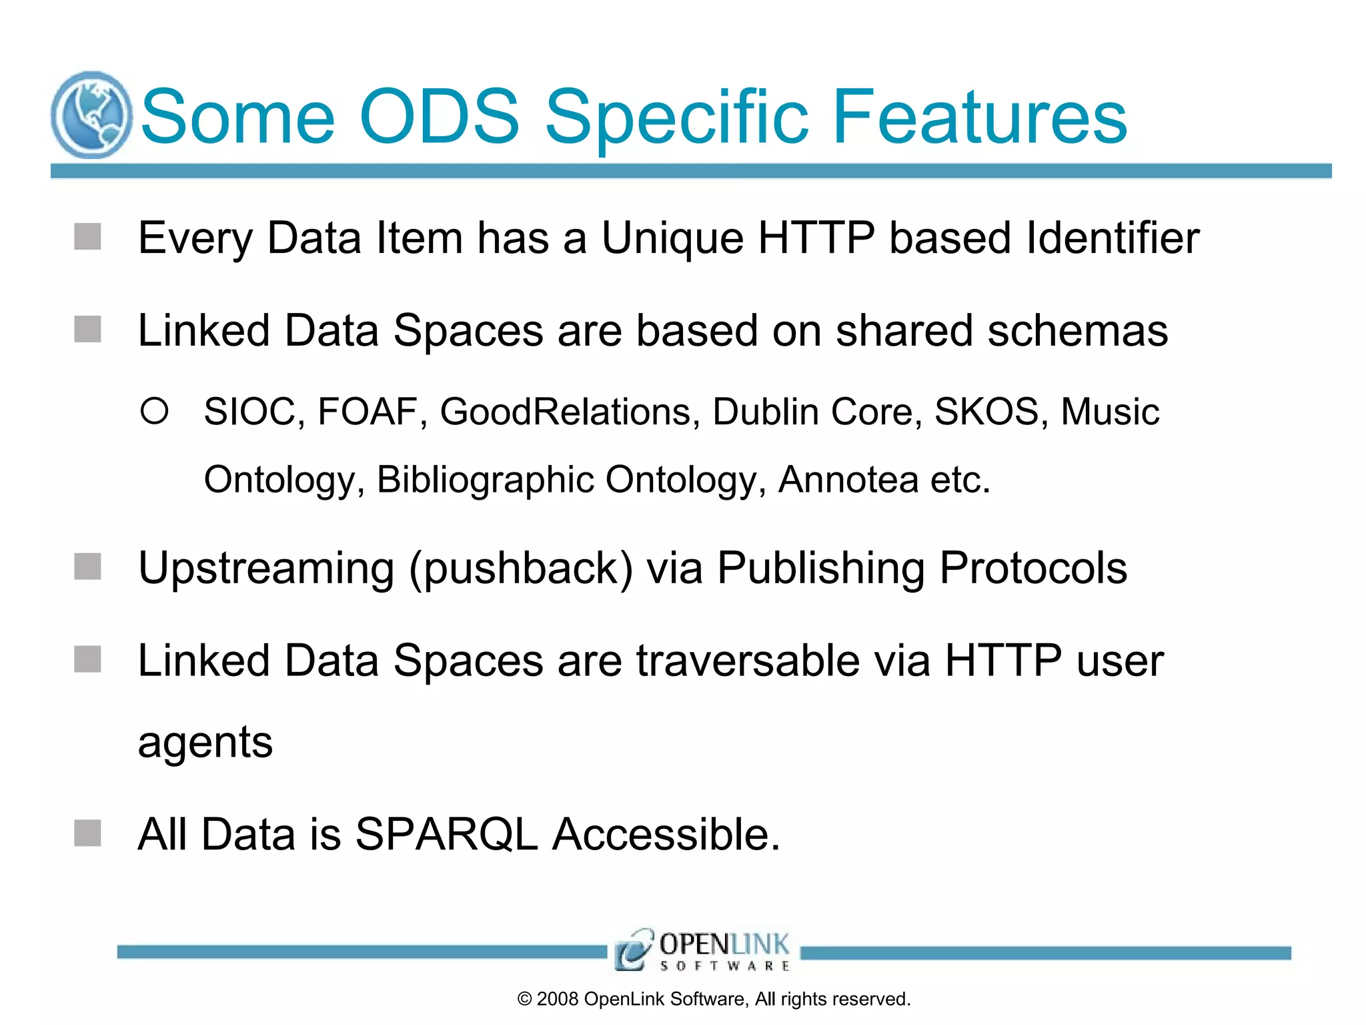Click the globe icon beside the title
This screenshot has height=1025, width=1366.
tap(91, 115)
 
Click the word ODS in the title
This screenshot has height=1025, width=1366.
tap(439, 117)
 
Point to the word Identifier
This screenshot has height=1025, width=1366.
tap(1113, 238)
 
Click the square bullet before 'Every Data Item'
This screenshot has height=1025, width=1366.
tap(87, 237)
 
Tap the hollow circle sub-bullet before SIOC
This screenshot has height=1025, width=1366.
tap(154, 411)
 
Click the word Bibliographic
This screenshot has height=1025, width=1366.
tap(485, 480)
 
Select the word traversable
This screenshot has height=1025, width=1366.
tap(747, 661)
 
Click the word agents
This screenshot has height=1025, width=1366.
tap(205, 743)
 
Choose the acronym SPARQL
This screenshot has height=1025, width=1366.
tap(446, 834)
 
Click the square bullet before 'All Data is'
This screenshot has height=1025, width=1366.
tap(87, 833)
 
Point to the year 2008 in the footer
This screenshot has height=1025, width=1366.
tap(557, 999)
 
